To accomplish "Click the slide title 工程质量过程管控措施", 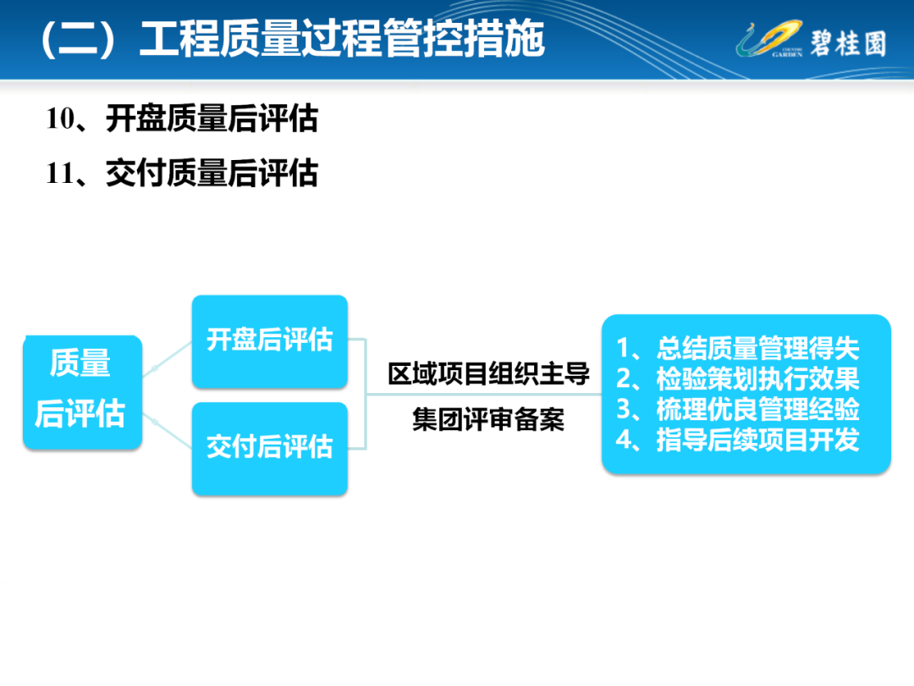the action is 342,39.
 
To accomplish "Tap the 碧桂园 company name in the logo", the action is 848,43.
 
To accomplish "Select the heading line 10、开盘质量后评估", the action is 182,119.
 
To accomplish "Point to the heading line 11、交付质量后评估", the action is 182,174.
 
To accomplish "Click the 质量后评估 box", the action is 82,392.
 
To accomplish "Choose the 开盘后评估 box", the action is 270,342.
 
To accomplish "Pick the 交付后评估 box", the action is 270,449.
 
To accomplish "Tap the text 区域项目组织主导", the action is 488,373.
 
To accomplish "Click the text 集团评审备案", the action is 488,419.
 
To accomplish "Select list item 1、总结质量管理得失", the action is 737,348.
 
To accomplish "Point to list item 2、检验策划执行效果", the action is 737,378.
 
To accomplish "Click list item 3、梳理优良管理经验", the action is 737,408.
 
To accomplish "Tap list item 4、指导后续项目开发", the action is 737,440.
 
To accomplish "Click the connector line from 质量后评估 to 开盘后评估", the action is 168,359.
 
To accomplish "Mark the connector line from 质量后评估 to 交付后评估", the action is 168,430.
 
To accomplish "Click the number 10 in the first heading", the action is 61,119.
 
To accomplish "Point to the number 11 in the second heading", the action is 61,174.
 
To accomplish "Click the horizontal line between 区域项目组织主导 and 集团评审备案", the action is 484,395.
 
